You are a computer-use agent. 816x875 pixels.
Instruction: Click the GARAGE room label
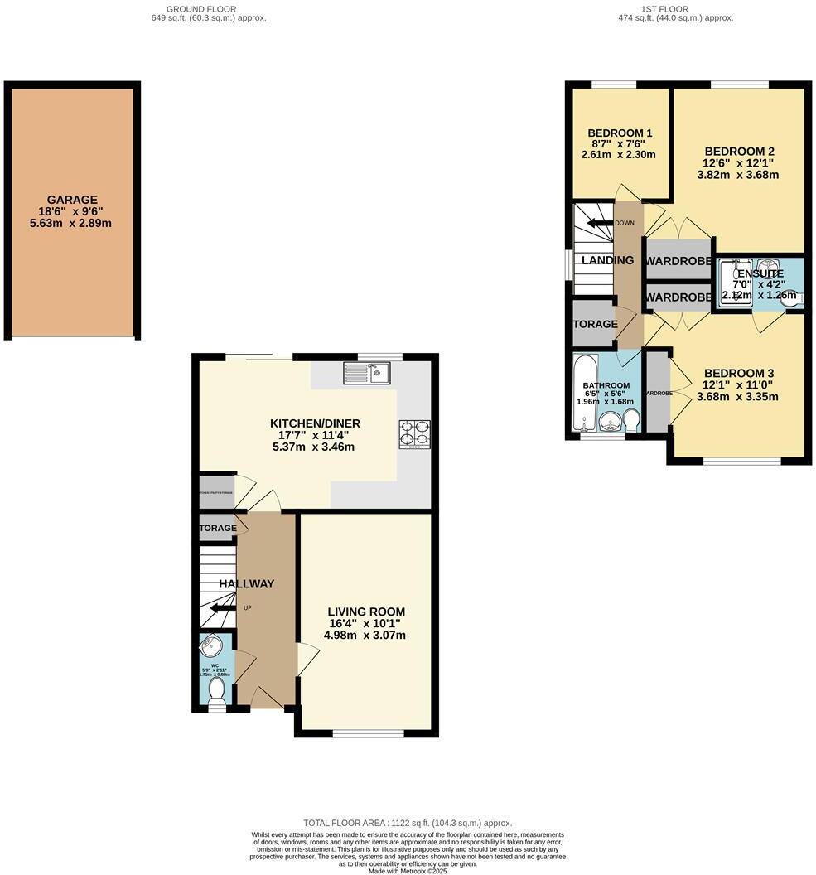pyautogui.click(x=72, y=200)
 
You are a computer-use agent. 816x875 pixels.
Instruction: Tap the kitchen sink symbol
pyautogui.click(x=366, y=374)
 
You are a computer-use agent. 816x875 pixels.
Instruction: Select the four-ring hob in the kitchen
pyautogui.click(x=415, y=433)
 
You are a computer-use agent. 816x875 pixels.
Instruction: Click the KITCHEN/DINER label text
pyautogui.click(x=315, y=423)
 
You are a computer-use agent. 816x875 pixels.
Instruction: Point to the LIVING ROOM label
pyautogui.click(x=365, y=612)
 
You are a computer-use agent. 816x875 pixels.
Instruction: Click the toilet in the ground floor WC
pyautogui.click(x=217, y=690)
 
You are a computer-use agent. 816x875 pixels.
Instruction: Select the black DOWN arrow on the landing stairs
pyautogui.click(x=598, y=223)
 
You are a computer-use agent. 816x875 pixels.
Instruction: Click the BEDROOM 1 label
pyautogui.click(x=620, y=133)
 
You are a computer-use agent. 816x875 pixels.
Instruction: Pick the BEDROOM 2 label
pyautogui.click(x=739, y=151)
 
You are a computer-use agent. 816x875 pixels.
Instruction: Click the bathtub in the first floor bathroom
pyautogui.click(x=584, y=394)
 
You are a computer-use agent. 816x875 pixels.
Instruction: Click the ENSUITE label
pyautogui.click(x=760, y=273)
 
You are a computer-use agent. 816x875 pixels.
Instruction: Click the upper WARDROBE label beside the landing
pyautogui.click(x=678, y=261)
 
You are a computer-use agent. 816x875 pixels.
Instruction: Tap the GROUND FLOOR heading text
pyautogui.click(x=201, y=9)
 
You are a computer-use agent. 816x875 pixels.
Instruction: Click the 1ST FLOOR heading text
pyautogui.click(x=664, y=9)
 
